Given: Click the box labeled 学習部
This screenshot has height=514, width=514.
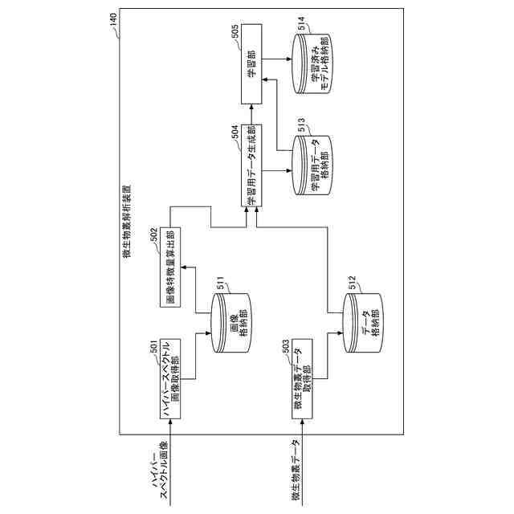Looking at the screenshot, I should [252, 70].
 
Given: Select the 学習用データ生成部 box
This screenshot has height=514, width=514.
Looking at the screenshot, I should [251, 169].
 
